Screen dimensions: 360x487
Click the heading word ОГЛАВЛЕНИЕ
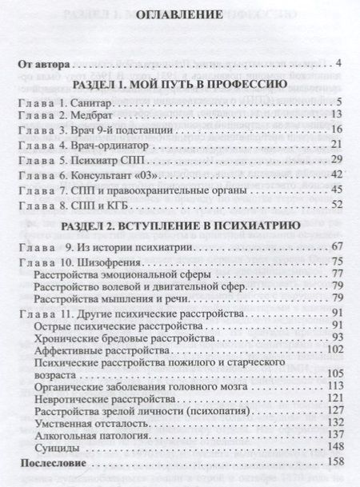pyautogui.click(x=179, y=35)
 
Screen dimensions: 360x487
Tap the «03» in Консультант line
pyautogui.click(x=149, y=174)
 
